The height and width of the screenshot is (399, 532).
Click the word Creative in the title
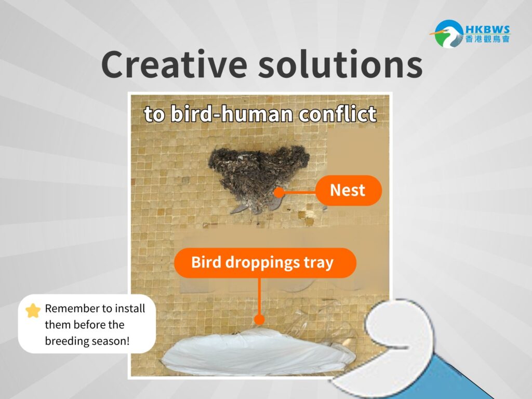point(174,64)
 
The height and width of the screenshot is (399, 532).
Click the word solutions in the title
point(340,64)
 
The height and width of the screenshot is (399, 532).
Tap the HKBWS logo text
point(487,30)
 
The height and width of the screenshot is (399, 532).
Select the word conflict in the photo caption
point(337,114)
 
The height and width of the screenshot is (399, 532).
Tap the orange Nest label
point(349,190)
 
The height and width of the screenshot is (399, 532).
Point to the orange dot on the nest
point(279,193)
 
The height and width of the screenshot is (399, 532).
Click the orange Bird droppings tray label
point(265,263)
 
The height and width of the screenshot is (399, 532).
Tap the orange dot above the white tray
point(259,320)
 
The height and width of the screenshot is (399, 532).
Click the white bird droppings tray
point(259,353)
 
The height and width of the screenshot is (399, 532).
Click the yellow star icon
point(33,311)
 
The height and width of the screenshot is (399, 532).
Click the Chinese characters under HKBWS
point(487,39)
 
